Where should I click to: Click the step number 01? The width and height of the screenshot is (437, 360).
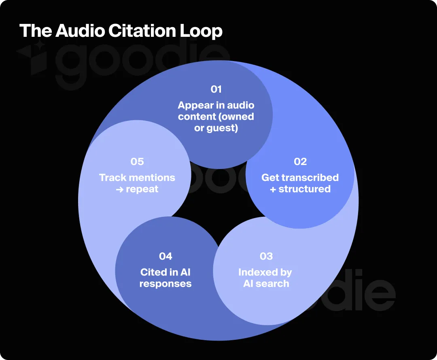216,89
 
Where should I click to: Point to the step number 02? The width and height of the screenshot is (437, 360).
300,162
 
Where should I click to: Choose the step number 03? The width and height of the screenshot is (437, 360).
266,256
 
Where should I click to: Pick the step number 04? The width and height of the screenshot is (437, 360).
165,256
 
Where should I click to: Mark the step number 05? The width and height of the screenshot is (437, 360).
137,162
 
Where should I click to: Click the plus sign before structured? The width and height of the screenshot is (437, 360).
273,189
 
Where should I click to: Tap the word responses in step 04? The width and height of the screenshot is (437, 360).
165,284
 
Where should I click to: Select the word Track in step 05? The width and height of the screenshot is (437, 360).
113,178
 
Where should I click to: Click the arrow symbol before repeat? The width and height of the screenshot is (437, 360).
119,189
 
